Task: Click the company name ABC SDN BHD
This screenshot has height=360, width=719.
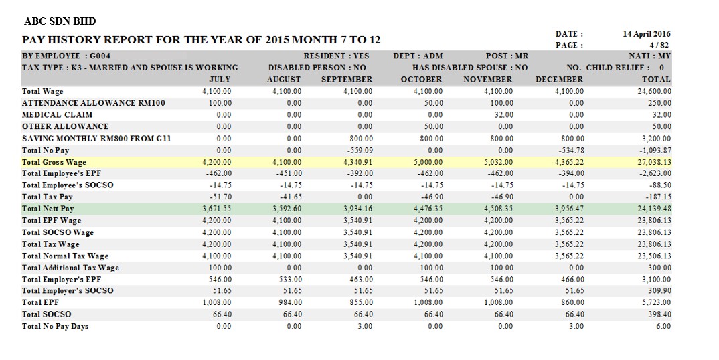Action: (60, 21)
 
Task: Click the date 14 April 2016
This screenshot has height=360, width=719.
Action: (647, 34)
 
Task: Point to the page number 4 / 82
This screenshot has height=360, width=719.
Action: (659, 45)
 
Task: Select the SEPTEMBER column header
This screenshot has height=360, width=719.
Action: (347, 80)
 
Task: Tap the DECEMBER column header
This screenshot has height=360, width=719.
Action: (560, 80)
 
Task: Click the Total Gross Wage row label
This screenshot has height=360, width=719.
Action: (54, 162)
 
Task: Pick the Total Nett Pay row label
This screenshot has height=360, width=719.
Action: (48, 209)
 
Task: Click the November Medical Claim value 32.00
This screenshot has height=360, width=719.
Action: (504, 114)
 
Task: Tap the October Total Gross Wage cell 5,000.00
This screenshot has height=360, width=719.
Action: (429, 162)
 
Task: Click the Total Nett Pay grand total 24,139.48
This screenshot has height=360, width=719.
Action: (654, 209)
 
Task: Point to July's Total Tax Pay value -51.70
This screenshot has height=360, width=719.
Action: (220, 197)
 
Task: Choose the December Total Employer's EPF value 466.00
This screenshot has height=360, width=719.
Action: (572, 279)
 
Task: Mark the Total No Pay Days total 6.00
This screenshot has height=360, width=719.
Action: (663, 326)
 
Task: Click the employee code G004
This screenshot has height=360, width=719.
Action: (100, 56)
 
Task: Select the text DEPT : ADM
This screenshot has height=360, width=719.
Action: (418, 56)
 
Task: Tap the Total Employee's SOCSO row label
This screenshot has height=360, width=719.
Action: (68, 185)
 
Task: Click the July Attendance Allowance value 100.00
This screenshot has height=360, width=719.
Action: (220, 103)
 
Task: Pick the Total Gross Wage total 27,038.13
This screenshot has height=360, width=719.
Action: (654, 162)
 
